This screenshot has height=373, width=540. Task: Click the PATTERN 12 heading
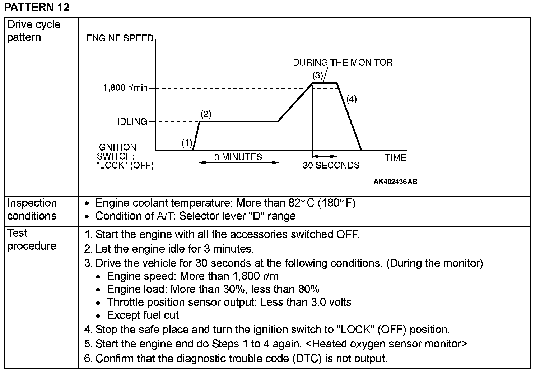[37, 7]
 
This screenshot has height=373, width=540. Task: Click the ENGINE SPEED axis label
[120, 38]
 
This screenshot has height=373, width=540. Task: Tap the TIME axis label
[396, 157]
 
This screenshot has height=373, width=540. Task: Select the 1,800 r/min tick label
[125, 88]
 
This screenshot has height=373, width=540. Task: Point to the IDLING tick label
[132, 122]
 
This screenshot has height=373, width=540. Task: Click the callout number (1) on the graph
[187, 143]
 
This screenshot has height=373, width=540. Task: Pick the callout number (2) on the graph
[206, 114]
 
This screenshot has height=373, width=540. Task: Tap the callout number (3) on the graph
[318, 75]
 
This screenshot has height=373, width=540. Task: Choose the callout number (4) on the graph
[352, 99]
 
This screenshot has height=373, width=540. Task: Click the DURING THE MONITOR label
[343, 63]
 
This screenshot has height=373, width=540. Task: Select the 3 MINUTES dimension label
[238, 157]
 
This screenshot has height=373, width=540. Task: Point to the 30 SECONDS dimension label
[331, 165]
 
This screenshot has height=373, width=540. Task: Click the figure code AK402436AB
[395, 181]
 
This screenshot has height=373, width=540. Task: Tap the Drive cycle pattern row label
[34, 31]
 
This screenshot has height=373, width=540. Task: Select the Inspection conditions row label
[32, 209]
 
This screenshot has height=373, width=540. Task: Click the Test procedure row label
[32, 240]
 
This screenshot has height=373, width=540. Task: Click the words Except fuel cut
[143, 316]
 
